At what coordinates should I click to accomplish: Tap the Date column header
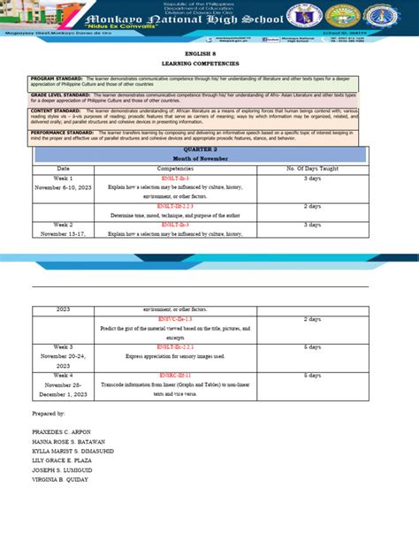(63, 168)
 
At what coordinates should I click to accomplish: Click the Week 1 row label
(63, 178)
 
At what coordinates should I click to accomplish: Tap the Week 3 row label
(63, 347)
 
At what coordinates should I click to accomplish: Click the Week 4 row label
(63, 376)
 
